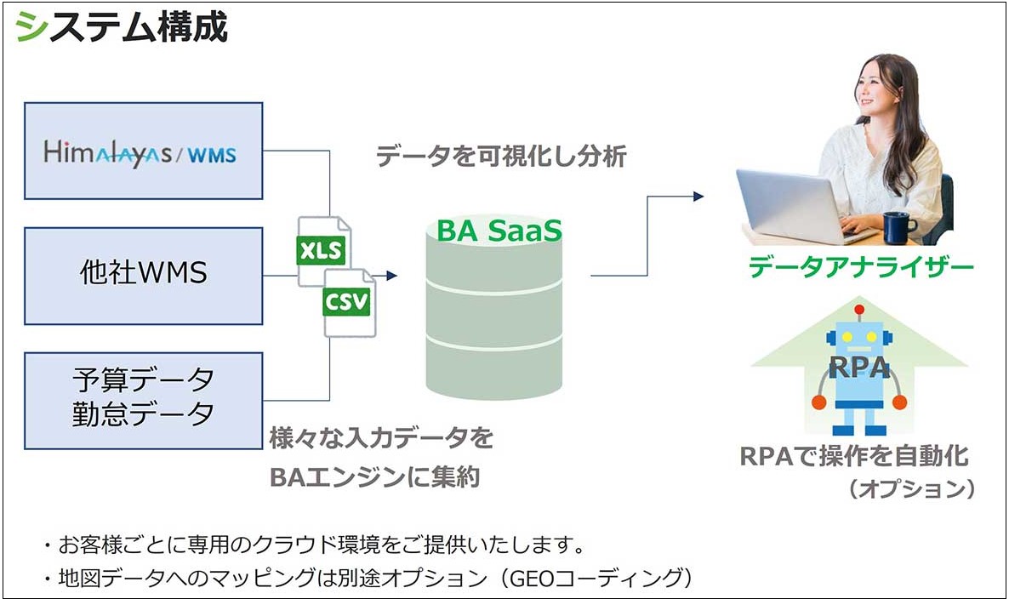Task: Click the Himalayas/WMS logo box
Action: (144, 151)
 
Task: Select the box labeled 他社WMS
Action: (144, 276)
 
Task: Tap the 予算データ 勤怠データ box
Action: (144, 400)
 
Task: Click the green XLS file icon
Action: (322, 251)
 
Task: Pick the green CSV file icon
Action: (348, 302)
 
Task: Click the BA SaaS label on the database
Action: (499, 231)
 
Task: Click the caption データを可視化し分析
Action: (500, 156)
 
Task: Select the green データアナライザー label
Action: (861, 266)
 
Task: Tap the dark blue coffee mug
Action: (899, 227)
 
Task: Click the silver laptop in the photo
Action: (798, 206)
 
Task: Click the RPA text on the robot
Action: (859, 368)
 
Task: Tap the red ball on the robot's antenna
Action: (859, 310)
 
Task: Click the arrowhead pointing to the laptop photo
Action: (698, 197)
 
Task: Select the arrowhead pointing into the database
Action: (392, 276)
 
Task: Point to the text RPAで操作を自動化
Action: (854, 456)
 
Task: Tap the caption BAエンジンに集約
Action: (375, 477)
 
